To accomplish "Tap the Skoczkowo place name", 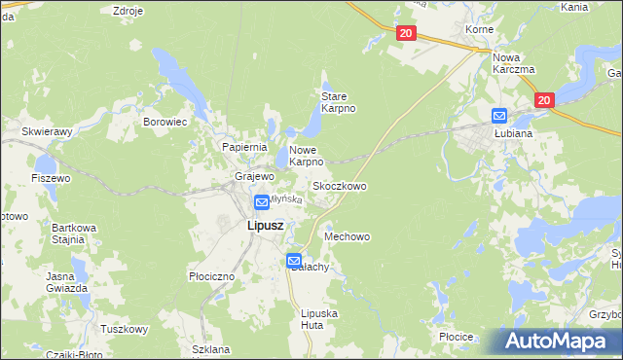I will point(339,185).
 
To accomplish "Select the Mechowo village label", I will point(348,236).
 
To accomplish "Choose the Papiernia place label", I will point(244,146).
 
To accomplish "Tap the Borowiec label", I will point(165,122).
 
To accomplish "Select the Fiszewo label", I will point(52,179).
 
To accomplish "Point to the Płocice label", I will point(456,337).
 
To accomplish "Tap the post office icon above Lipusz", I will point(262,202).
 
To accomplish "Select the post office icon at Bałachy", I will point(294,261).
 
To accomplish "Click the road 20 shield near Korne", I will point(407,34).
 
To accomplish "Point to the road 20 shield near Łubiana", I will point(544,100).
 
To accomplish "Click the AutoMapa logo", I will point(558,342).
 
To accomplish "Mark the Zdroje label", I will point(128,11).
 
